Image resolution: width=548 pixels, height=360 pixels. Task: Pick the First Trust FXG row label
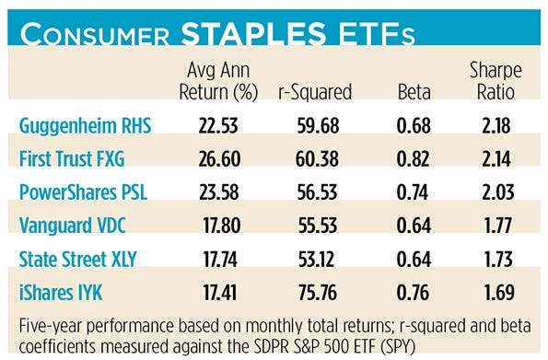tap(78, 158)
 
